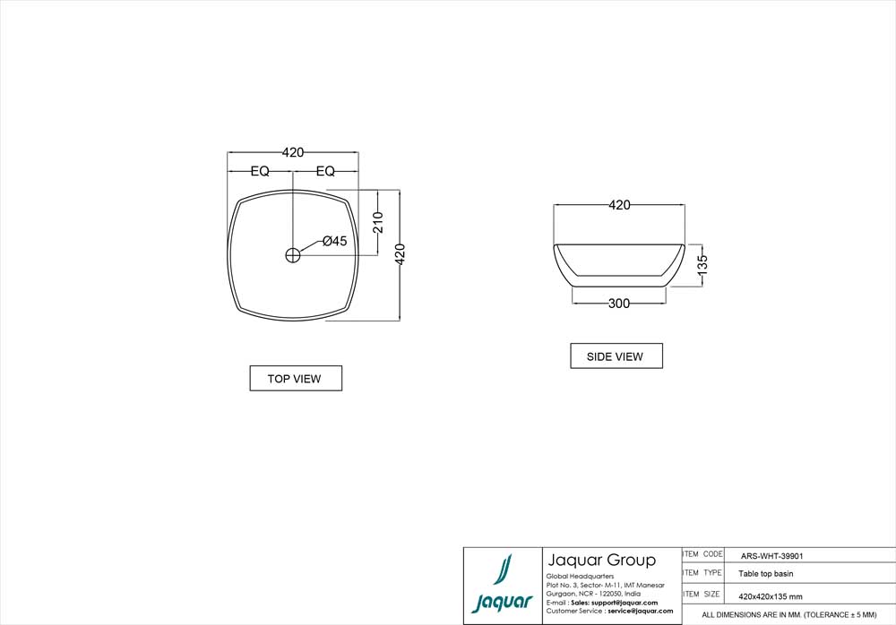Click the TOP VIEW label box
pos(295,379)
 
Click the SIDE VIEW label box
pos(616,356)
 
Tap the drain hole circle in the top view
pos(292,255)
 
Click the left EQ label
pos(260,171)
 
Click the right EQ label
pos(325,171)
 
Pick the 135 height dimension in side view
pos(702,264)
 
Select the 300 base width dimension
pos(618,304)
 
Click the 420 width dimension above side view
pos(619,205)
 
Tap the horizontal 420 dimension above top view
pos(292,152)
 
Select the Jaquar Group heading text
pos(600,561)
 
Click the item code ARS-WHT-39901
pos(771,555)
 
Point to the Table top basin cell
pos(765,574)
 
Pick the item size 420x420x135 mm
pos(770,595)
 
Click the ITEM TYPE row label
pos(702,573)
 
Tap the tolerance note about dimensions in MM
pos(788,615)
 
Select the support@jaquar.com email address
pos(625,603)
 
